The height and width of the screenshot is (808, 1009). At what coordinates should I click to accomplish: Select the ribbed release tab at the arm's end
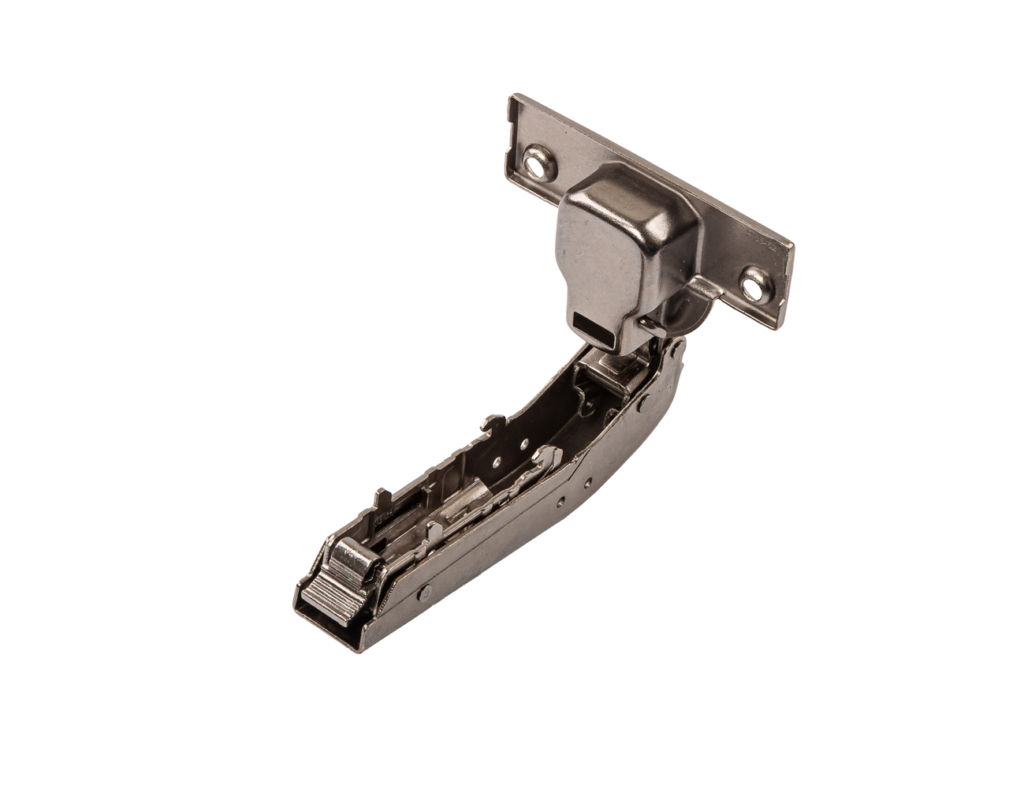324,592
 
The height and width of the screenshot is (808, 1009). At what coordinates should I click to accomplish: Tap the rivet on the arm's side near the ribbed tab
425,590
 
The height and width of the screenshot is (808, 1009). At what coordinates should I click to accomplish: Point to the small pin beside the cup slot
646,323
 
